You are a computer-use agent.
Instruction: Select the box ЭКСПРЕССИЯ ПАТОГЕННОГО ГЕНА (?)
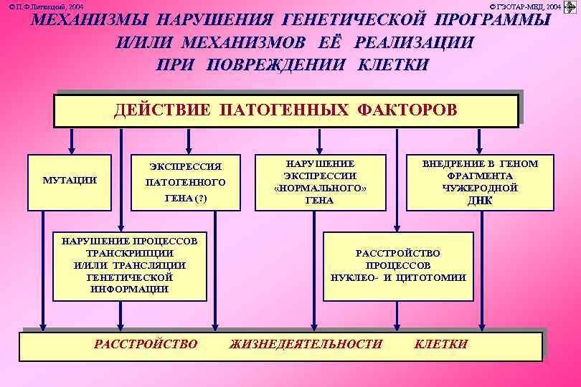[186, 182]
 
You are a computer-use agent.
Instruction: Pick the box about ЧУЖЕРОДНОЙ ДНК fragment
[480, 182]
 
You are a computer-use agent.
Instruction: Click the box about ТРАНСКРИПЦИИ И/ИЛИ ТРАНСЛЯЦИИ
[130, 266]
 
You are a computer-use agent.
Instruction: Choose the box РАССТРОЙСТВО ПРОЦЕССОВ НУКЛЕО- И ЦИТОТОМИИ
[398, 266]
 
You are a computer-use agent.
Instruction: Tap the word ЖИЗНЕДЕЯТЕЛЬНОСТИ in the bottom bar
[306, 344]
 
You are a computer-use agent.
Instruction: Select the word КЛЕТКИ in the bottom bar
[441, 344]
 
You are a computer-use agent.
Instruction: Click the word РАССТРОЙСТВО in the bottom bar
[146, 344]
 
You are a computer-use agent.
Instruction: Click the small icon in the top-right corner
[571, 6]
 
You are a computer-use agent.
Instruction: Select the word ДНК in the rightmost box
[480, 200]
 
